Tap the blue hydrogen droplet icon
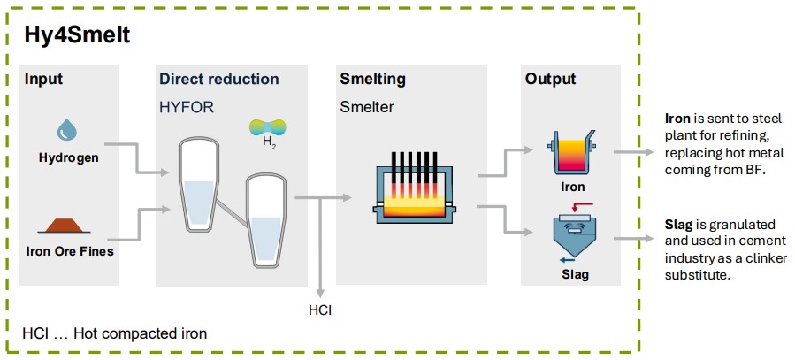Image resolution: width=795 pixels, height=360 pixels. coord(67,132)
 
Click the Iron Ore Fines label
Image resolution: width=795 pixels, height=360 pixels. coord(70,251)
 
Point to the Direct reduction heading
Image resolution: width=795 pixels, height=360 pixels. coord(218,80)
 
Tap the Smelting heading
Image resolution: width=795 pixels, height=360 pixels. coord(372,80)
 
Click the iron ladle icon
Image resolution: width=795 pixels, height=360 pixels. coord(571,152)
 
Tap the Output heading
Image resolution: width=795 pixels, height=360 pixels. coord(550,80)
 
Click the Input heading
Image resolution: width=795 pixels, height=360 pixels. coord(44,80)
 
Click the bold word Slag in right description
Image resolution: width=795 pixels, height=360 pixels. coord(679,220)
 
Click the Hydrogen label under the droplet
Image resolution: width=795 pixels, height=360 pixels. coord(68,158)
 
